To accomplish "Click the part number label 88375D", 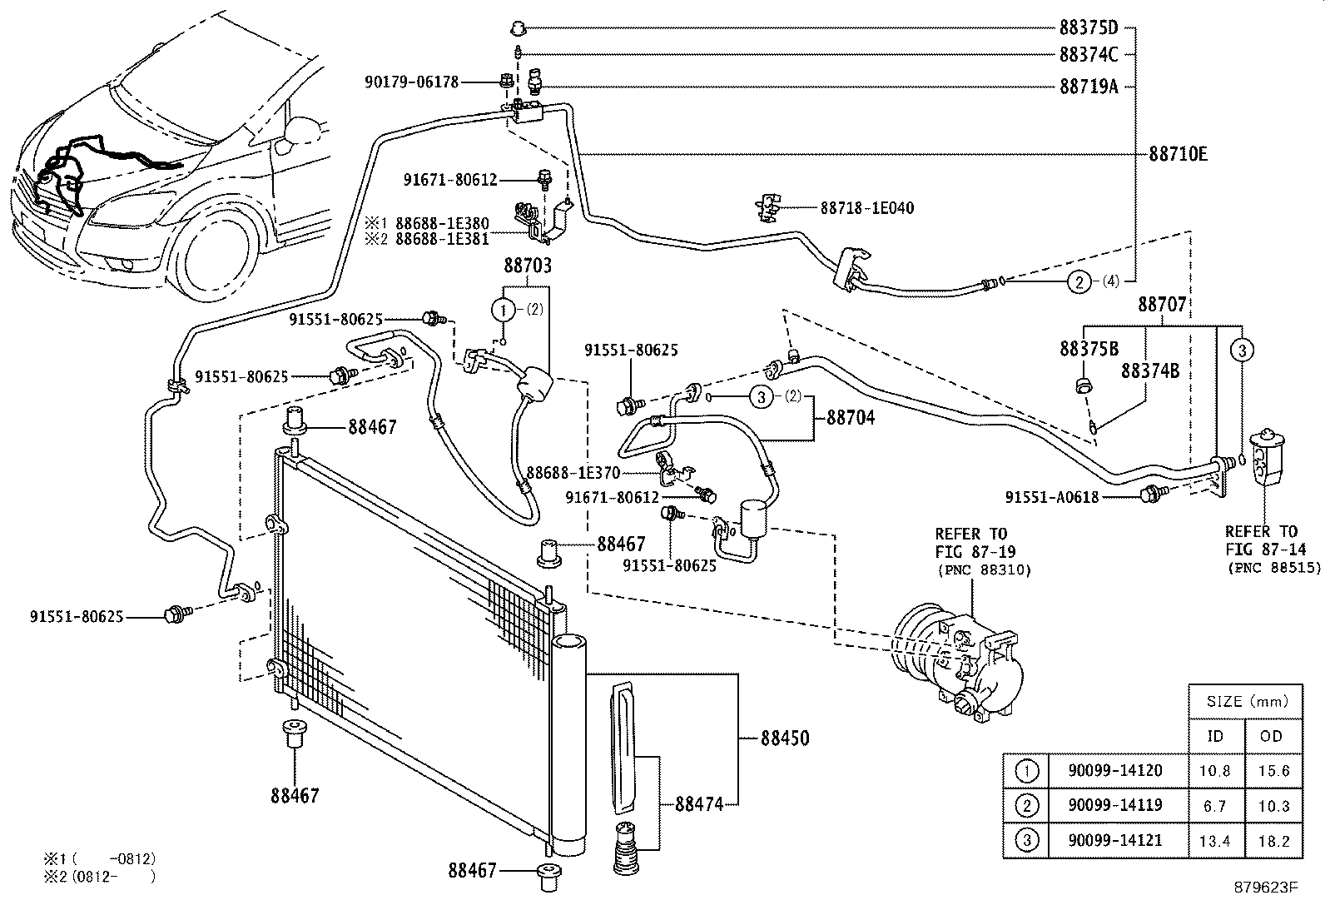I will point(1088,28).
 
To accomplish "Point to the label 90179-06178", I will point(411,82).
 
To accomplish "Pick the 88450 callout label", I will point(784,738).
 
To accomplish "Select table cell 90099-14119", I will point(1114,805).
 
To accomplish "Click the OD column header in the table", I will point(1273,736).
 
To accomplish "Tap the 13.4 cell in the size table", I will point(1214,841).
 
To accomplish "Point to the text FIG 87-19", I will point(970,552).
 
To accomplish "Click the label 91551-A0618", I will point(1051,497).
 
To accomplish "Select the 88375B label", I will point(1089,349).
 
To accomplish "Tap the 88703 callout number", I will point(527,266).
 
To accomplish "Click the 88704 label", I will point(850,418).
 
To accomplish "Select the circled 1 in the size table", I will point(1028,771).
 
